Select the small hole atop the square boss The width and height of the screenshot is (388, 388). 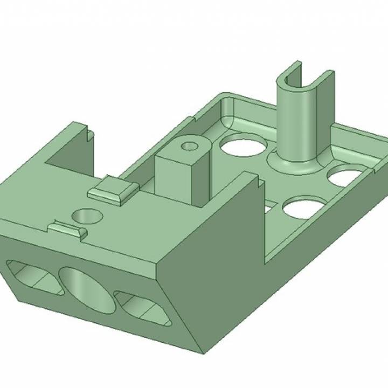(189, 146)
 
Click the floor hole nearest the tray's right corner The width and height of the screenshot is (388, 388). (345, 177)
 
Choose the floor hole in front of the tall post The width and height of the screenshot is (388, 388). (302, 208)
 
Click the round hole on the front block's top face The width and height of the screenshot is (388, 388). (87, 217)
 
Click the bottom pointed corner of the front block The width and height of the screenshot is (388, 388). (202, 353)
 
